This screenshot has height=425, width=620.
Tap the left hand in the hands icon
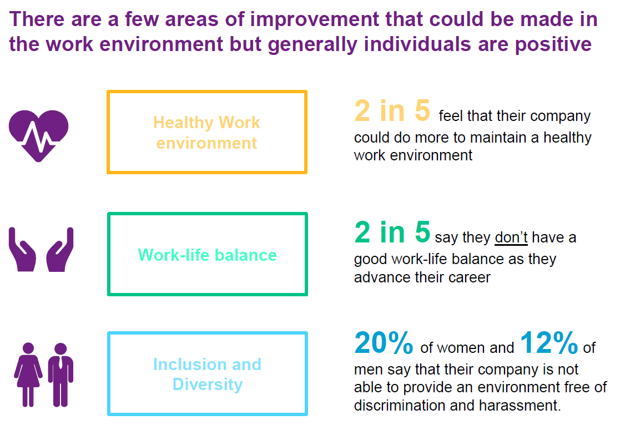point(22,251)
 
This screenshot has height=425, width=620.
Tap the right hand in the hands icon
point(60,251)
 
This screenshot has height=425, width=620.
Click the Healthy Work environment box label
point(207,133)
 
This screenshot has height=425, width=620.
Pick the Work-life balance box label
point(207,255)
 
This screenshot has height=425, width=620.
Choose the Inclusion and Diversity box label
point(207,374)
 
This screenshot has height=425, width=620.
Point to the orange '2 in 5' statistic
point(392,110)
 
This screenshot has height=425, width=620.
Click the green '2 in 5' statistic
point(392,232)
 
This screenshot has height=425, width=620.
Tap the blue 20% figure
point(384,342)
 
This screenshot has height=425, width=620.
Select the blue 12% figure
point(549,342)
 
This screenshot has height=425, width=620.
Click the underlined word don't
point(511,237)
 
